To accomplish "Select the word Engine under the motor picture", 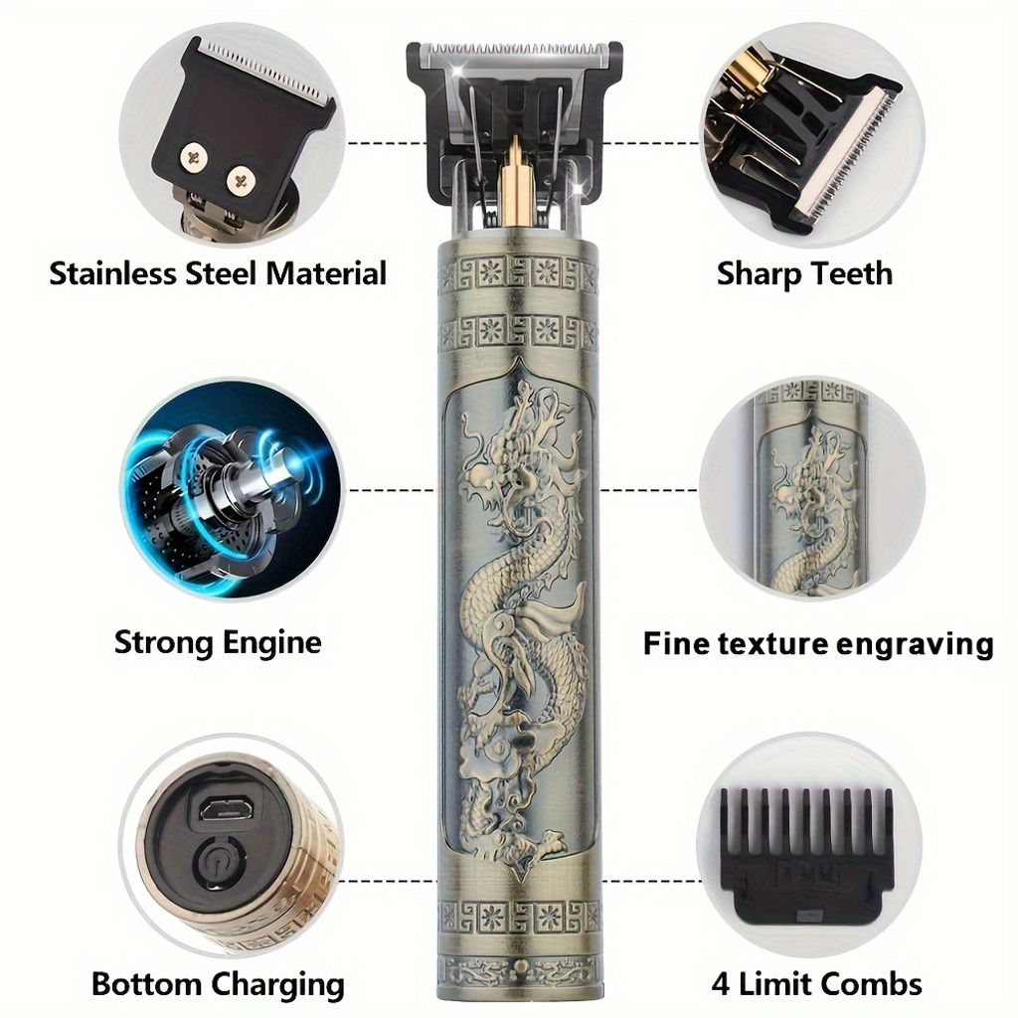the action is point(271,644).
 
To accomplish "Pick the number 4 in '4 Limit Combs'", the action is point(720,984).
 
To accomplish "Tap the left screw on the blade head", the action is point(193,157).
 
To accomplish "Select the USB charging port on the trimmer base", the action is point(218,810).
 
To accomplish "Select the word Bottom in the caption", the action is point(147,985).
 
